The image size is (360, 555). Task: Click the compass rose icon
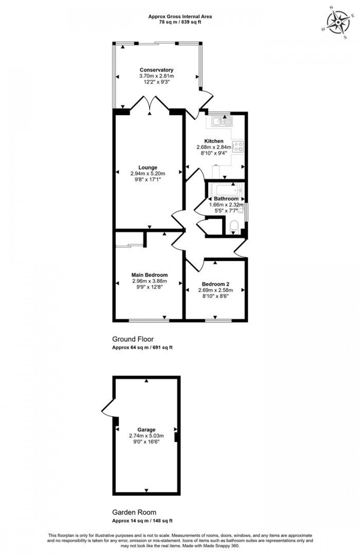coord(338,22)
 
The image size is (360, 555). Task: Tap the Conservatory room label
coord(156,70)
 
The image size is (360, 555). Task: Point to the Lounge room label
coord(148,168)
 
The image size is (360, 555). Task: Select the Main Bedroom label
coord(150,275)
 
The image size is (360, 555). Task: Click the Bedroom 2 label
coord(215,284)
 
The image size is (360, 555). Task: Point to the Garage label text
coord(146,429)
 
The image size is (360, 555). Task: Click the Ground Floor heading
coord(133,339)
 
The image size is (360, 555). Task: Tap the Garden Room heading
coord(134,512)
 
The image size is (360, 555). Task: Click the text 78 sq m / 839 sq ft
coord(180,22)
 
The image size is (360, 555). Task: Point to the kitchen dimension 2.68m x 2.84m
coord(214,147)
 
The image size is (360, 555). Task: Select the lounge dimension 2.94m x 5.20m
coord(148,174)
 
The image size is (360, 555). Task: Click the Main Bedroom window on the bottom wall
coord(149,320)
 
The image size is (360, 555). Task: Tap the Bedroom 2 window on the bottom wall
coord(218,320)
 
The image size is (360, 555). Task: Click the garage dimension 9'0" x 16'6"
coord(146,442)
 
